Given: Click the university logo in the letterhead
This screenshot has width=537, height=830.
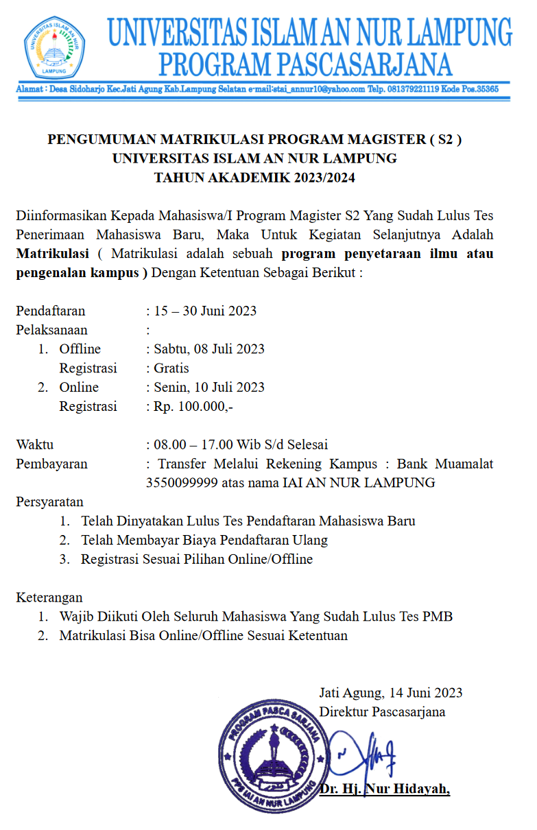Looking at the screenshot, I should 55,49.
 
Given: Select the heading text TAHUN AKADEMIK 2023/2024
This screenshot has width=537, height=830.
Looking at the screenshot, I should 255,178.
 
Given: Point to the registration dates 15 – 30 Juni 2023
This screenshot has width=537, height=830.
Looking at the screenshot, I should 205,311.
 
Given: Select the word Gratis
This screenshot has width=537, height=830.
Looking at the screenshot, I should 171,368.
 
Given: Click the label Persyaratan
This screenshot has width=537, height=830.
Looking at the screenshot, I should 49,501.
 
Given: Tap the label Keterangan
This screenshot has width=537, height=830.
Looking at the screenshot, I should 49,597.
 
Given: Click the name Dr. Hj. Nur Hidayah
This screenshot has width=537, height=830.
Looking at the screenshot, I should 385,790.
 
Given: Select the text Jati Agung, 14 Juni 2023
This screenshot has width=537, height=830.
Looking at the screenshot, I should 390,692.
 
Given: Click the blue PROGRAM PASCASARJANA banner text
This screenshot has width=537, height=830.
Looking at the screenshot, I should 306,64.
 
